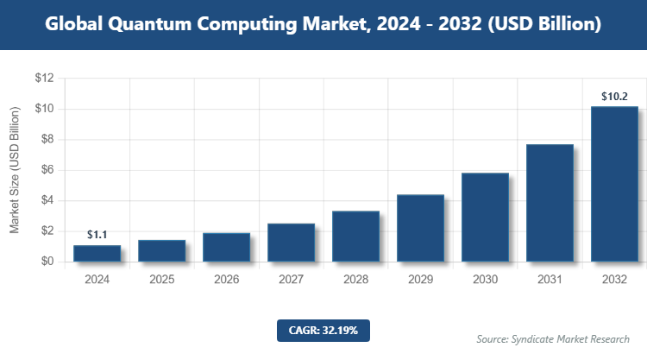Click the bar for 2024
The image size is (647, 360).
tap(97, 253)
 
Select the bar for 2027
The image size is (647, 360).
tap(291, 243)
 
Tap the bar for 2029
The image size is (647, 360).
tap(420, 228)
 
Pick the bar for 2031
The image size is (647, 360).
tap(550, 203)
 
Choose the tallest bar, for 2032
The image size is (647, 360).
tap(614, 184)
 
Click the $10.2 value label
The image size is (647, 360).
tap(614, 96)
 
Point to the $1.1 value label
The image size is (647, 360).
tap(97, 235)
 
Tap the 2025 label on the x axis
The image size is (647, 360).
tap(161, 280)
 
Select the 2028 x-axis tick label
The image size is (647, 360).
tap(355, 280)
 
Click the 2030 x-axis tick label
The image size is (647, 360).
tap(485, 280)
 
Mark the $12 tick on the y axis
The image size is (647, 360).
tap(44, 79)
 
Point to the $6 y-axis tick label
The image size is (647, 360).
tap(47, 170)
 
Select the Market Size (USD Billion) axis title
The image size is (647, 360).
tap(15, 170)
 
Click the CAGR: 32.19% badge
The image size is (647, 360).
tap(323, 330)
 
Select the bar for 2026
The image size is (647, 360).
tap(226, 247)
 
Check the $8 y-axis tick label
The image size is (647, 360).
tap(47, 140)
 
